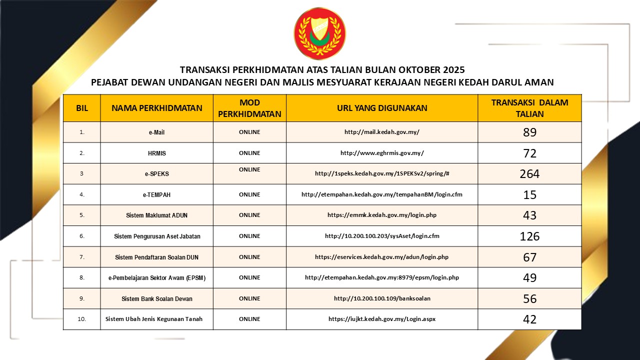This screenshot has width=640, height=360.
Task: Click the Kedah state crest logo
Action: click(x=319, y=33)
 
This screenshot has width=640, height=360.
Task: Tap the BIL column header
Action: click(x=81, y=108)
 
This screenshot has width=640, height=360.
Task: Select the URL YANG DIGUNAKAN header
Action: click(x=381, y=108)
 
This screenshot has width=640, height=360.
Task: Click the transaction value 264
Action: click(x=529, y=174)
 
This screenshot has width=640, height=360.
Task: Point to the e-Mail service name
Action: click(x=156, y=132)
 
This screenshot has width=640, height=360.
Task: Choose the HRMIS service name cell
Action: click(x=156, y=153)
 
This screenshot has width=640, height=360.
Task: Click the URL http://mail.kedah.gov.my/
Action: click(x=381, y=132)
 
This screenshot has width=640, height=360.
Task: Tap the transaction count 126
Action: click(x=529, y=236)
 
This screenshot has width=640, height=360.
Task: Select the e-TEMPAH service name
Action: click(x=156, y=194)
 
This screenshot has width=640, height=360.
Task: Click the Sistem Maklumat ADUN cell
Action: click(x=156, y=215)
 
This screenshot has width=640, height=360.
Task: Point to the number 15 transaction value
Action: click(x=529, y=194)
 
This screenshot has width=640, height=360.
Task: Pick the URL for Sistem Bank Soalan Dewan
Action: click(x=381, y=298)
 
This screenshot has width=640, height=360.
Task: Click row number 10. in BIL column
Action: click(x=81, y=319)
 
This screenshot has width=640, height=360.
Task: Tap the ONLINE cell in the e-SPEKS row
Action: click(x=249, y=170)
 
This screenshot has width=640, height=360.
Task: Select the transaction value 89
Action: click(x=529, y=132)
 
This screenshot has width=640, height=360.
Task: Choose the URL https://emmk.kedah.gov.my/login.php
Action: click(x=381, y=215)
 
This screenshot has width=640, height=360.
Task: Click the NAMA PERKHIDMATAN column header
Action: click(x=156, y=108)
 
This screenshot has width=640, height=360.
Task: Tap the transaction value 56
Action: click(x=529, y=298)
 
